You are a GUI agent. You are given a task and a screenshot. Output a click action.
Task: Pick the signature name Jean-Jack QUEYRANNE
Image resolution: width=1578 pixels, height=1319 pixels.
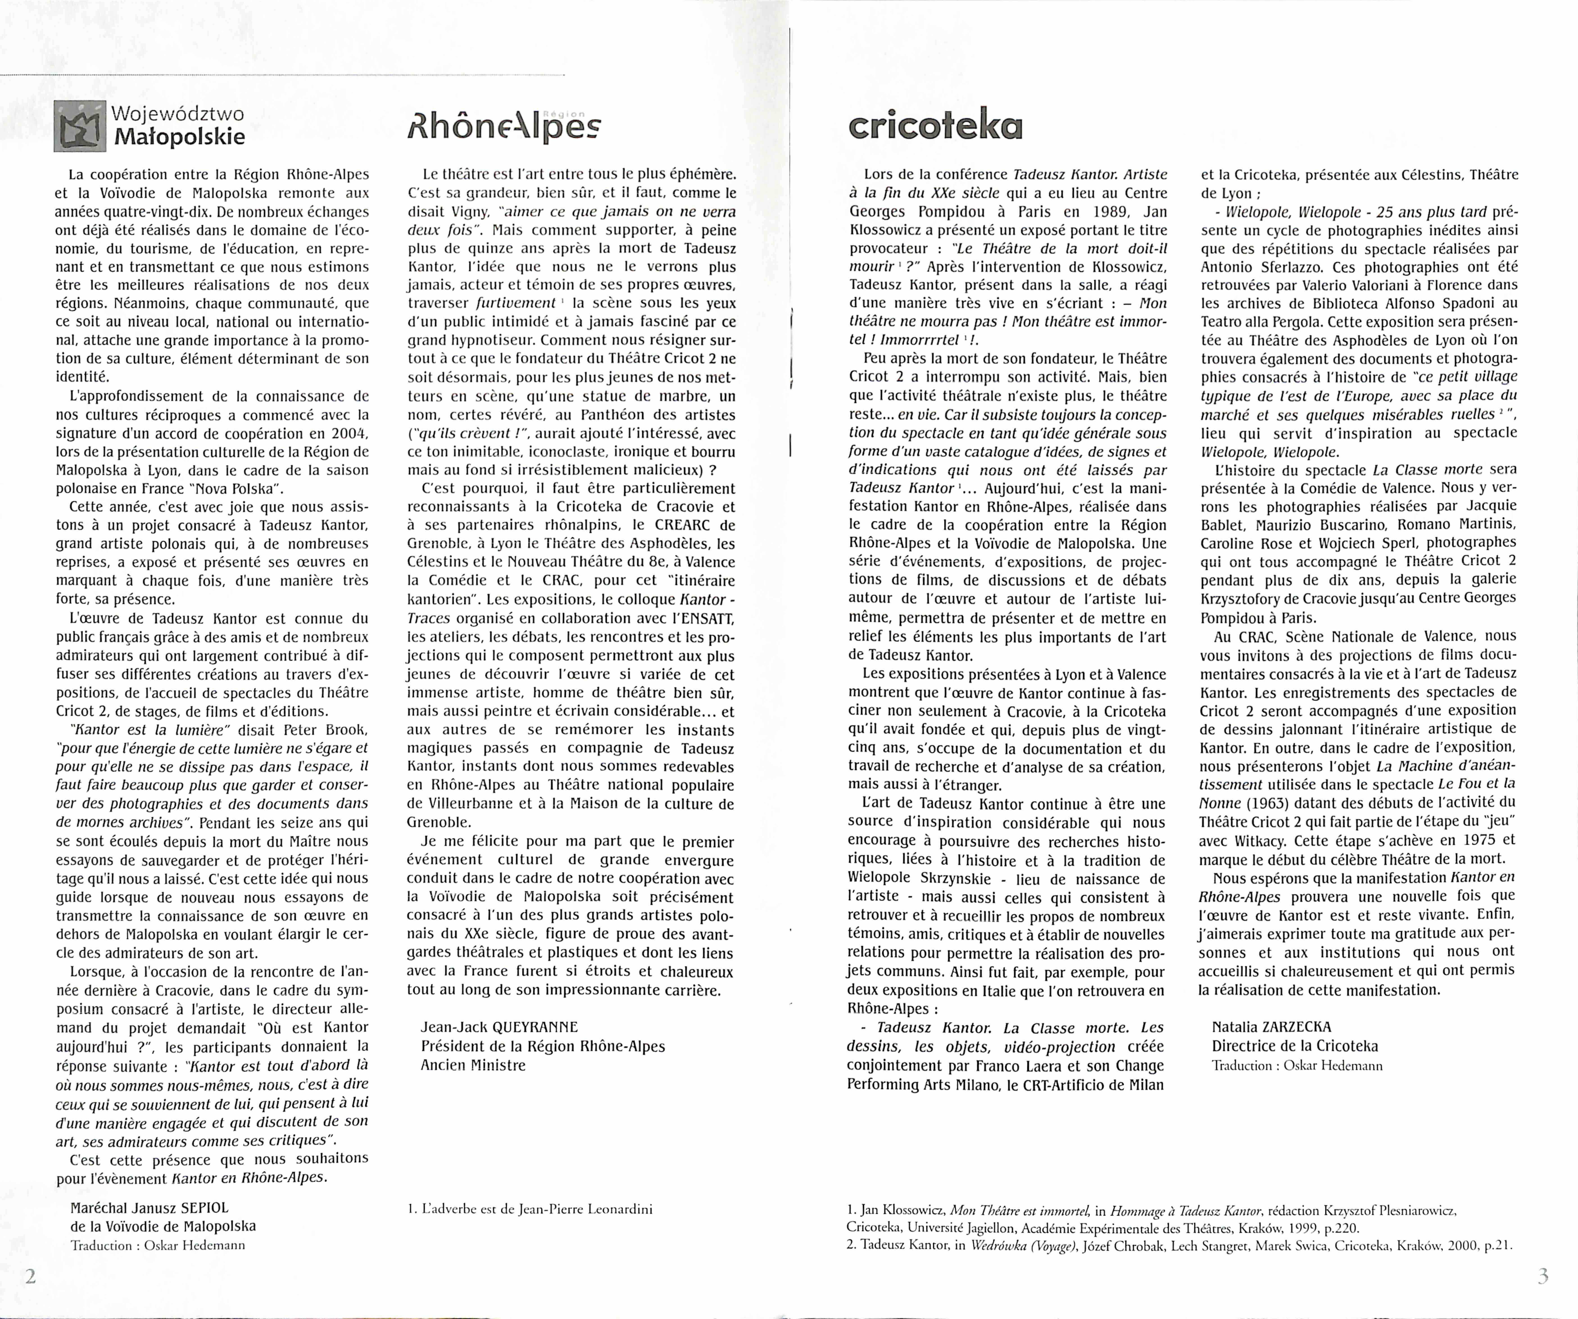click(500, 1027)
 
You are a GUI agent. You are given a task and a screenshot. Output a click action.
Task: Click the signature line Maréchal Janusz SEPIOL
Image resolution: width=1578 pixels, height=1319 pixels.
click(149, 1208)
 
